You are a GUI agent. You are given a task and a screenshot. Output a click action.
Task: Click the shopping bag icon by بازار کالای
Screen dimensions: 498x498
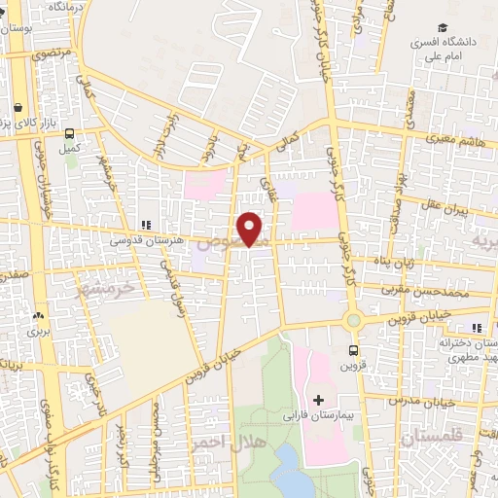coord(18,108)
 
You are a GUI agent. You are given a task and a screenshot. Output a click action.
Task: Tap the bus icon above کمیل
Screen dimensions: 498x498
coord(71,134)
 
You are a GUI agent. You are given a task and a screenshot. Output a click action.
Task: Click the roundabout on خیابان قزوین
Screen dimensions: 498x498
coord(352,319)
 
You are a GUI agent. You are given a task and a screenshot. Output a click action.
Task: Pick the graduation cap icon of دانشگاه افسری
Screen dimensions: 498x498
coord(444,30)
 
